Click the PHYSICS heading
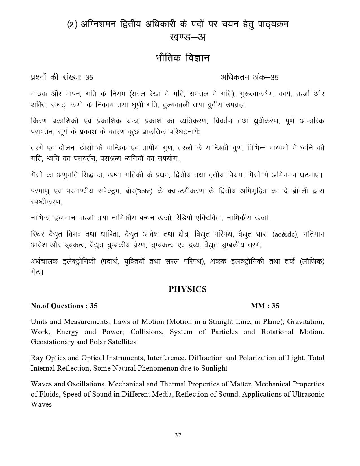[187, 289]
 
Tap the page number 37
[178, 435]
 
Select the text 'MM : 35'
[265, 306]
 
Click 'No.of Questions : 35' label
[64, 306]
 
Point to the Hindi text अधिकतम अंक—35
[249, 77]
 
